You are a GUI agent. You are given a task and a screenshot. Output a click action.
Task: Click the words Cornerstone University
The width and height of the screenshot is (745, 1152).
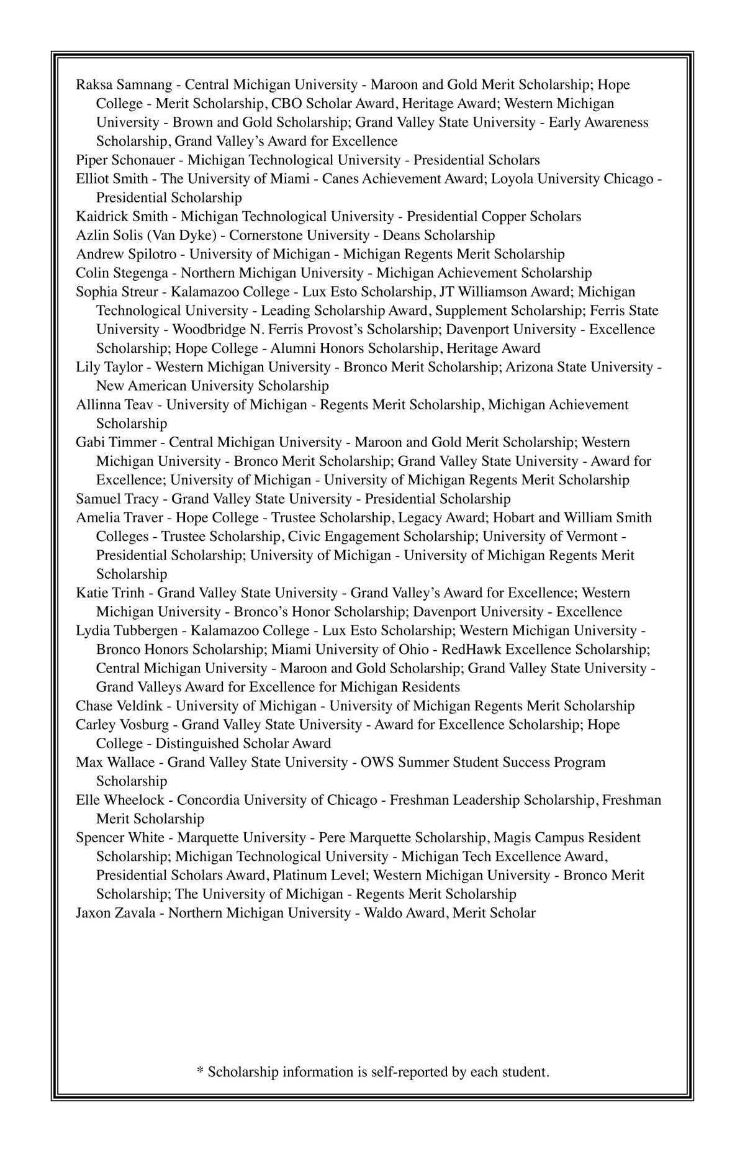[x=299, y=235]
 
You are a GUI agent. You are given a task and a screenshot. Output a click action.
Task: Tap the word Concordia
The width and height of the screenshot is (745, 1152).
[x=207, y=800]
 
